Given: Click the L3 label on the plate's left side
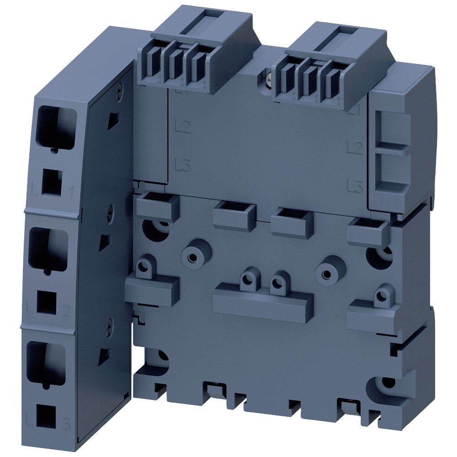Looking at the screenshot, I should (x=183, y=166).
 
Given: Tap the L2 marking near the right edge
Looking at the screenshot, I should (x=354, y=147).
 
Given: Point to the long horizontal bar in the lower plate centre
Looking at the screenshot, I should (x=263, y=302).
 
